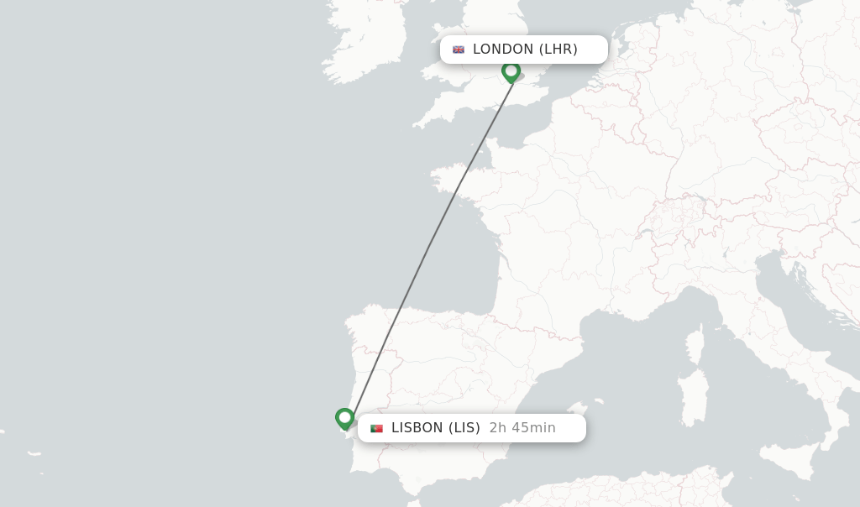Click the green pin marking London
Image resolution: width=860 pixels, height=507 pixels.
point(511,71)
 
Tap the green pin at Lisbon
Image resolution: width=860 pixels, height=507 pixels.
point(344,418)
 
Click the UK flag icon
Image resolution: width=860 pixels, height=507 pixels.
point(459,50)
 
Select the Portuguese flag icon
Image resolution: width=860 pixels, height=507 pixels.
point(376,428)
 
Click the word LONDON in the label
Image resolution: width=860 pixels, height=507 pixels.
point(502,50)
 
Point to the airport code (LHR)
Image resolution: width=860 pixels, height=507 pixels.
point(558,50)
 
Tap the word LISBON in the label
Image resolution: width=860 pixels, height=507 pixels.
point(417,428)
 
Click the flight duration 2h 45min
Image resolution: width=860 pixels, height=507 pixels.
point(522,428)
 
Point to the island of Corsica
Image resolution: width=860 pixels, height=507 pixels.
point(694,344)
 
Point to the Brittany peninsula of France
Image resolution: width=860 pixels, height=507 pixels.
point(458,180)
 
